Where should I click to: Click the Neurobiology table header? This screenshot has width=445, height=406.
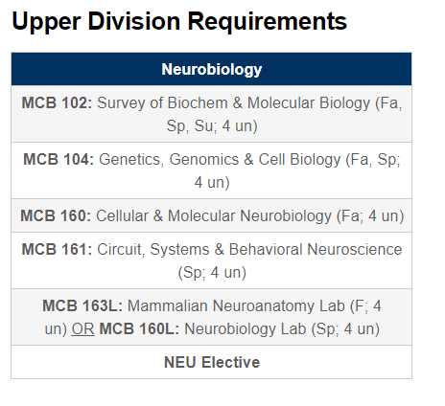(212, 69)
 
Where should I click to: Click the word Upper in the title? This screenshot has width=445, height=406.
(46, 22)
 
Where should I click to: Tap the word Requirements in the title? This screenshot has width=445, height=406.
(267, 21)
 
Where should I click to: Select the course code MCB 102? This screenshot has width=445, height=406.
(57, 103)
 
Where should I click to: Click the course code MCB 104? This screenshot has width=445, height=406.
(59, 159)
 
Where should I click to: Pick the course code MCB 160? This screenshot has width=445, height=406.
(56, 215)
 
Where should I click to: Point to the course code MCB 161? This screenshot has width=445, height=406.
(57, 249)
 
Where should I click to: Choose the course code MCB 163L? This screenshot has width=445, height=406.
(82, 305)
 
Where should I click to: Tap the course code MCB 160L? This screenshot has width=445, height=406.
(139, 328)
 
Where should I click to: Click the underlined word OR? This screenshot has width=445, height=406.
(82, 329)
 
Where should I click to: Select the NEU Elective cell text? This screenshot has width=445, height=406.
(212, 362)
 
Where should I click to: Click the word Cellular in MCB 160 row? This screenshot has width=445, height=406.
(122, 215)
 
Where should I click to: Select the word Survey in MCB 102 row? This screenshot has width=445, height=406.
(121, 103)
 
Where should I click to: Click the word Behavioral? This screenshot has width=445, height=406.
(266, 249)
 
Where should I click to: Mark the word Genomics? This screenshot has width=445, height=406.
(204, 160)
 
